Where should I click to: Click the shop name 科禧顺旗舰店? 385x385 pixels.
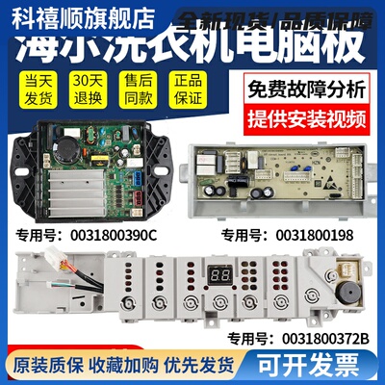(59, 13)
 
